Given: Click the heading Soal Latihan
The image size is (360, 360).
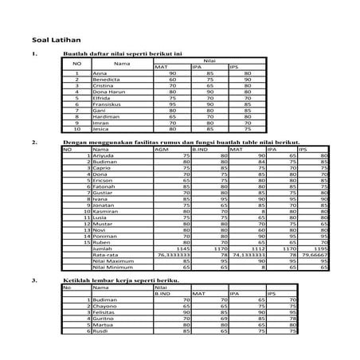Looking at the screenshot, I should click(53, 38).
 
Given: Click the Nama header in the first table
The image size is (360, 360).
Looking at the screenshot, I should click(121, 62).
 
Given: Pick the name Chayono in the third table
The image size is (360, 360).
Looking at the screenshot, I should click(106, 306).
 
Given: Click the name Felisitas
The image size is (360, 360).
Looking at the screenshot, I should click(106, 312).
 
